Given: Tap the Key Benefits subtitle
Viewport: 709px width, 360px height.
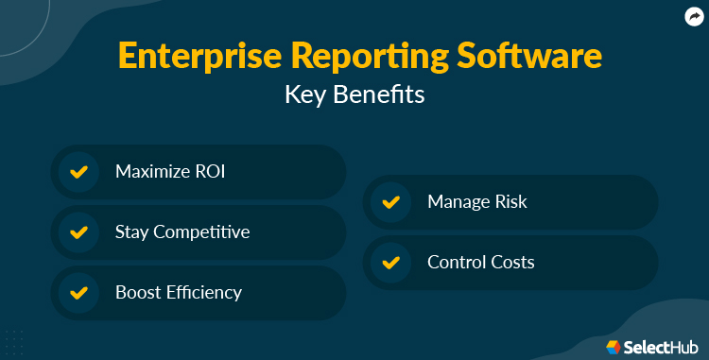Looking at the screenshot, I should [354, 95].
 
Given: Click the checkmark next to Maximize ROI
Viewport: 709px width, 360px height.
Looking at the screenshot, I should [79, 172].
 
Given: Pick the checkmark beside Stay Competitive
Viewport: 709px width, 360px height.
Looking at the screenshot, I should [79, 231].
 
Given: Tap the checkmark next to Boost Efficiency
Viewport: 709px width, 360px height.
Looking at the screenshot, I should [79, 292].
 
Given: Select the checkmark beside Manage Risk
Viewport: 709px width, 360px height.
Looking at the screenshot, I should [390, 202].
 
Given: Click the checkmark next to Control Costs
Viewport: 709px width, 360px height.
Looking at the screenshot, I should [390, 262].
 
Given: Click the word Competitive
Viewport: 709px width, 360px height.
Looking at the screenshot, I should [204, 231].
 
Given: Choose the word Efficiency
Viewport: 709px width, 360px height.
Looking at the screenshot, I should [205, 292].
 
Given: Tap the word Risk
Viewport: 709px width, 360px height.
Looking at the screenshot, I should [509, 202].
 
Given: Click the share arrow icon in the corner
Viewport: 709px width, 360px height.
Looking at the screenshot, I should [692, 16].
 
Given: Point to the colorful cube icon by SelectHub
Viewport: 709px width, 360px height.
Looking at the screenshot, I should [613, 347].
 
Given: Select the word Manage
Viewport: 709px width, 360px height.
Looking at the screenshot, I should [458, 202].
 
